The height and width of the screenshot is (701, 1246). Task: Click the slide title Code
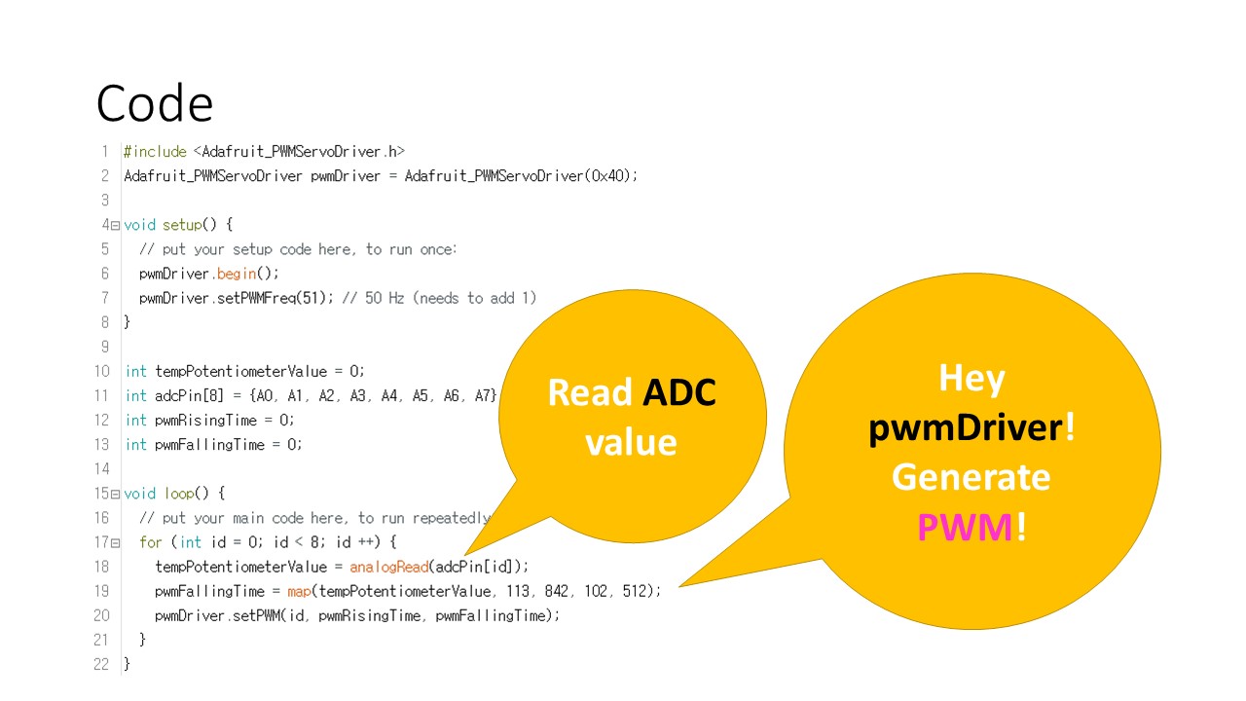point(155,104)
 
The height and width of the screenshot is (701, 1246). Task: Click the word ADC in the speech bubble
point(679,392)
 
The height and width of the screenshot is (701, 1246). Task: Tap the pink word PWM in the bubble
point(966,527)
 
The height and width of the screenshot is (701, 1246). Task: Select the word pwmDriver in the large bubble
point(966,426)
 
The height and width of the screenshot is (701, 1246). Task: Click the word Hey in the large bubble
point(971,378)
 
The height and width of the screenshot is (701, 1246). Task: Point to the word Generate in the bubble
point(971,477)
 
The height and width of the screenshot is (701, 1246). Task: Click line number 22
point(101,664)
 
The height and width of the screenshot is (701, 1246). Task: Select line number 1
point(104,152)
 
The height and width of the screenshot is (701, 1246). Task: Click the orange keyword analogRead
point(388,567)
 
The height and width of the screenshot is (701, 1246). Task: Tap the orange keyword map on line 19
point(298,591)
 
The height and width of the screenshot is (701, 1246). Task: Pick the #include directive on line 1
point(155,152)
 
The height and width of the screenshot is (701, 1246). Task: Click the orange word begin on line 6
point(237,274)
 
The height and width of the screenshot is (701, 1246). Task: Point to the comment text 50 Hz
point(385,298)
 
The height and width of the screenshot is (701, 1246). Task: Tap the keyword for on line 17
point(151,542)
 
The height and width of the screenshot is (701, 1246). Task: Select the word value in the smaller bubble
point(630,441)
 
